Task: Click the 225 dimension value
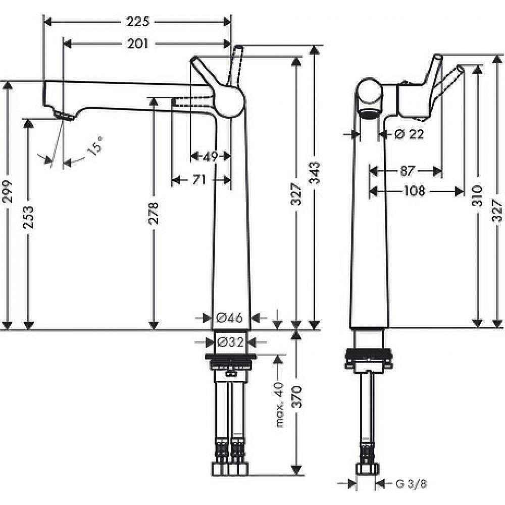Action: pyautogui.click(x=137, y=21)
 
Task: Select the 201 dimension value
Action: pyautogui.click(x=137, y=44)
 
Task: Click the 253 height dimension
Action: pyautogui.click(x=29, y=217)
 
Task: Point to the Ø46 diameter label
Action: pyautogui.click(x=230, y=318)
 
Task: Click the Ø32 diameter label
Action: pyautogui.click(x=230, y=342)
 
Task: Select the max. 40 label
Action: pyautogui.click(x=279, y=403)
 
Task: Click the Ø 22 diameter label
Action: pyautogui.click(x=408, y=134)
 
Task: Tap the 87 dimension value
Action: pyautogui.click(x=408, y=171)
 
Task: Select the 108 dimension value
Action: pyautogui.click(x=414, y=191)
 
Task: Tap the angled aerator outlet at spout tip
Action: pyautogui.click(x=64, y=117)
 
